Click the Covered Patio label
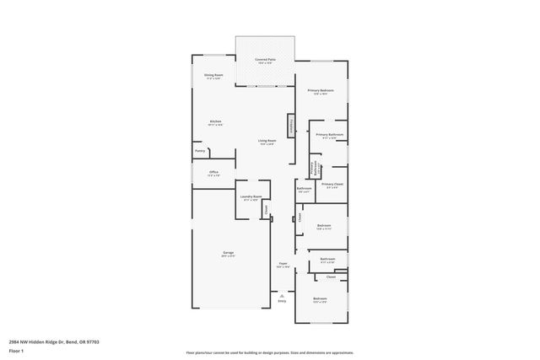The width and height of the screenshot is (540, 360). coord(265,60)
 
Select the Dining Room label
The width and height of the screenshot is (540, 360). coord(213,76)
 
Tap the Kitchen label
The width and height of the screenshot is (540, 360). coord(215,122)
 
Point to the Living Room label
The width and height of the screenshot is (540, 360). coord(267,141)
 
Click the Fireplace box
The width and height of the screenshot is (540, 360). coord(290,126)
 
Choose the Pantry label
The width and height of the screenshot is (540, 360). coord(200,151)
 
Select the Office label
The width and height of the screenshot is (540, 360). coord(213,174)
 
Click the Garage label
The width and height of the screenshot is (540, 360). coord(228,253)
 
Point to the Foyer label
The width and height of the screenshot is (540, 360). coord(283,265)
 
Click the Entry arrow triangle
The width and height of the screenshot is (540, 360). coord(282,295)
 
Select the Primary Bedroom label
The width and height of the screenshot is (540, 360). coord(320,91)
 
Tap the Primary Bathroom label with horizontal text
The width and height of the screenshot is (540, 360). coord(329,135)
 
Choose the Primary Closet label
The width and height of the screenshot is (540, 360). coord(332,184)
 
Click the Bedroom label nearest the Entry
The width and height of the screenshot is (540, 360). coord(320,299)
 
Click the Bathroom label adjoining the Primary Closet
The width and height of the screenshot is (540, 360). coord(304,189)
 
